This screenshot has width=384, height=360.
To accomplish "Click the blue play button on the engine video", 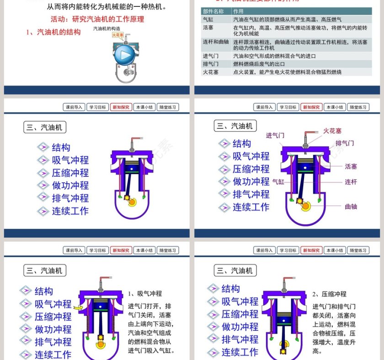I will [x=123, y=56].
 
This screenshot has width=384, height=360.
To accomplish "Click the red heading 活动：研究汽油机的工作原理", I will [x=97, y=19].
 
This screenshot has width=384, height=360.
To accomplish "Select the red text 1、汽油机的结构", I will [x=53, y=32].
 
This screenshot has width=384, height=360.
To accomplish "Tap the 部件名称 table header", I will [x=213, y=11].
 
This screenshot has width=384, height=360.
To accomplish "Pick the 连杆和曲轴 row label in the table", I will [x=216, y=42].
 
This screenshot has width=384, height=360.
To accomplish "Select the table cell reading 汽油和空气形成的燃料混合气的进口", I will [x=274, y=56].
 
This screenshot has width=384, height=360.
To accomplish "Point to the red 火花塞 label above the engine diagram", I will [x=332, y=131].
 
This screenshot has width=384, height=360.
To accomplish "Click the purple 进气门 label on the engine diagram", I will [x=275, y=135].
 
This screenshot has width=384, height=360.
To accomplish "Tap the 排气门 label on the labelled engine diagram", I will [x=345, y=143].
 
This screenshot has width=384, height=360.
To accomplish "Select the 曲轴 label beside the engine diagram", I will [x=351, y=206].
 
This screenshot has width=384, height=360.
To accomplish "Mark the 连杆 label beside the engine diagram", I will [x=351, y=182].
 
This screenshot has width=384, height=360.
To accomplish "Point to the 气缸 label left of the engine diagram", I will [x=278, y=181].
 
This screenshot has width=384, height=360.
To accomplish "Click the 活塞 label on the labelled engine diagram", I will [x=351, y=167].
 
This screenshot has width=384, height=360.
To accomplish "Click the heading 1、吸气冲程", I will [x=145, y=293].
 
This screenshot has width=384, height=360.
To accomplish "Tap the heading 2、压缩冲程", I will [x=330, y=294].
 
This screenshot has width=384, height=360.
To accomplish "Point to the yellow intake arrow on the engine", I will [x=81, y=308].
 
